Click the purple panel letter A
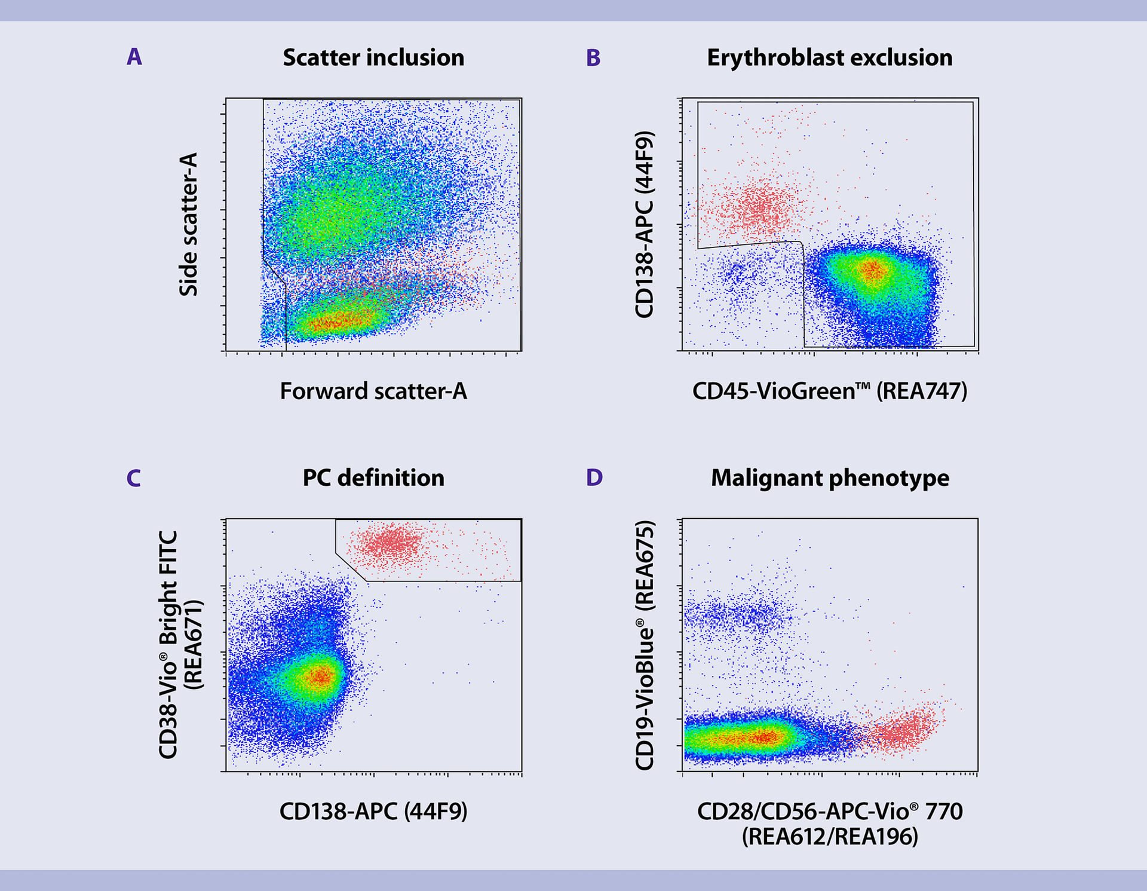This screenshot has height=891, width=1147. (x=134, y=57)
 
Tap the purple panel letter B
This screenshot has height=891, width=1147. (x=593, y=58)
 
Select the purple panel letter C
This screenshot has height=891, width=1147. (x=134, y=478)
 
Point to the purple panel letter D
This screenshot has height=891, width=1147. (x=594, y=477)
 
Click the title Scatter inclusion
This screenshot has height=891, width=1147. (x=373, y=58)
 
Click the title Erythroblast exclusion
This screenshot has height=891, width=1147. (x=829, y=58)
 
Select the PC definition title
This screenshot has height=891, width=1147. (x=373, y=478)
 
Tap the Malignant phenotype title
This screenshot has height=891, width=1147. (x=830, y=478)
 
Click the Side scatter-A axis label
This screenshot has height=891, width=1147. (x=188, y=224)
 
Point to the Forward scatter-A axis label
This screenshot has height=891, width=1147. (x=373, y=391)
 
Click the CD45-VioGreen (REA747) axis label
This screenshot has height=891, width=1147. (x=829, y=391)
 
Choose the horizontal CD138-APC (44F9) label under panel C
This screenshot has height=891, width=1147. (x=373, y=811)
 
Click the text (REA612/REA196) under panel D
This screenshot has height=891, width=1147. (x=829, y=837)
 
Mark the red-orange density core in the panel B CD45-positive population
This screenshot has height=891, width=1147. (x=872, y=271)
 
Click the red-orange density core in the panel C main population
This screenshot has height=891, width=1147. (x=321, y=676)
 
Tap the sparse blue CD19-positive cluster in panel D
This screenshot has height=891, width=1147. (x=741, y=616)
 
